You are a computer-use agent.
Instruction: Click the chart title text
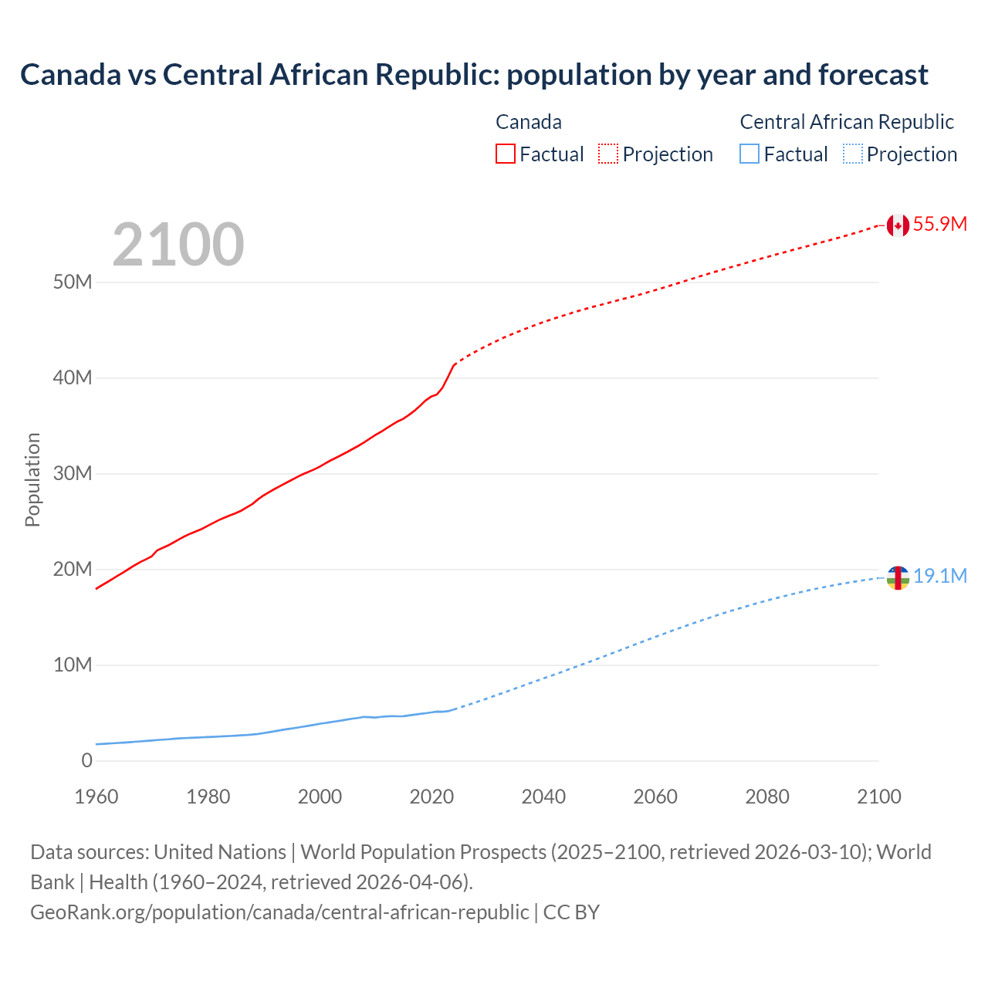pyautogui.click(x=474, y=75)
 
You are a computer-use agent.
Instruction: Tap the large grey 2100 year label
pyautogui.click(x=178, y=245)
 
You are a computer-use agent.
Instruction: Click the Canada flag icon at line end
pyautogui.click(x=897, y=225)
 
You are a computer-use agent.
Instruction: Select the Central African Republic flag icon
pyautogui.click(x=897, y=577)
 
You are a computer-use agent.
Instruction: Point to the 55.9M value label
pyautogui.click(x=939, y=225)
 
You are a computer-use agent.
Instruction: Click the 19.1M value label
pyautogui.click(x=939, y=577)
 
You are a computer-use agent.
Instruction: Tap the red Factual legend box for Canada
pyautogui.click(x=506, y=154)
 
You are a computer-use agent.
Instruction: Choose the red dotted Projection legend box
pyautogui.click(x=608, y=154)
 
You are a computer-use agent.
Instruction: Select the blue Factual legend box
pyautogui.click(x=749, y=154)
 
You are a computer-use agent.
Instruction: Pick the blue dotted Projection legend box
pyautogui.click(x=853, y=154)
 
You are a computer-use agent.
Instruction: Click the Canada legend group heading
pyautogui.click(x=529, y=122)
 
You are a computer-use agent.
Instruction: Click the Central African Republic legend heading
pyautogui.click(x=847, y=122)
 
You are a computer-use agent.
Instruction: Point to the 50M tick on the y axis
pyautogui.click(x=73, y=283)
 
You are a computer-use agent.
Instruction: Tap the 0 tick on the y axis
pyautogui.click(x=86, y=761)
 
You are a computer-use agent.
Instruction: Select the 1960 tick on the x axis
pyautogui.click(x=96, y=797)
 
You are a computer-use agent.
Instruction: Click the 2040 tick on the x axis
pyautogui.click(x=543, y=797)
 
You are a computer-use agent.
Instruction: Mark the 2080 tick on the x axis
pyautogui.click(x=767, y=797)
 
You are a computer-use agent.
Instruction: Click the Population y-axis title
pyautogui.click(x=32, y=479)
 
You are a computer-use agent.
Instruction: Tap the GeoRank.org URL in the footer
pyautogui.click(x=279, y=912)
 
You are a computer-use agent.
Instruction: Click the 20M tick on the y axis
pyautogui.click(x=73, y=570)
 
